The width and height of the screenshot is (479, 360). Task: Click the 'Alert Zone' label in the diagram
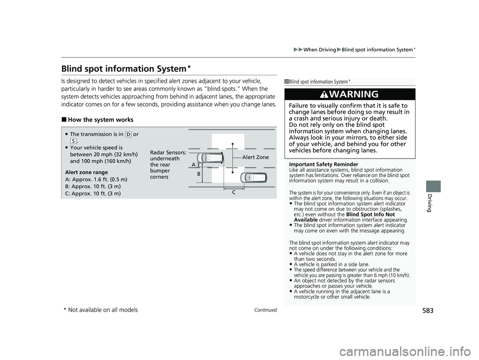(255, 158)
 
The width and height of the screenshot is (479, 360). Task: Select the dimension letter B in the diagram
(199, 174)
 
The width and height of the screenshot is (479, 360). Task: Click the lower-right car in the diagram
(253, 178)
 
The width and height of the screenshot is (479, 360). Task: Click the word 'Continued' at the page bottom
(265, 310)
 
